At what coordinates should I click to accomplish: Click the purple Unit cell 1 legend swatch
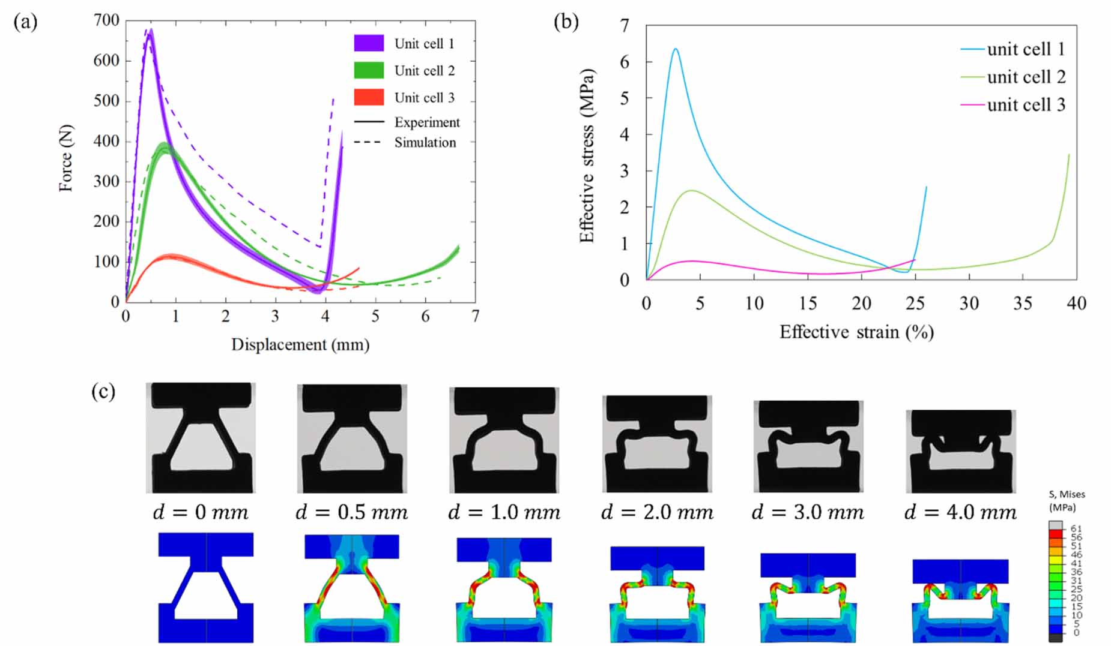(x=368, y=43)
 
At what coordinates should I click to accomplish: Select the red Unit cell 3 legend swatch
(x=368, y=97)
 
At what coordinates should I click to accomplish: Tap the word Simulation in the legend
(x=425, y=143)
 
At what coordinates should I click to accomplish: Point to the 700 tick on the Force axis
(x=106, y=20)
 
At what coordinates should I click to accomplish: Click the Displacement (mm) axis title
(x=300, y=345)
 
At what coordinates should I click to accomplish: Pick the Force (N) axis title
(x=65, y=158)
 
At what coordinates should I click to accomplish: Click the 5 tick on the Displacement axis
(x=375, y=316)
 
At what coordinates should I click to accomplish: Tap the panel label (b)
(x=566, y=22)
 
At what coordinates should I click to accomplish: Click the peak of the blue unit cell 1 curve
(x=676, y=49)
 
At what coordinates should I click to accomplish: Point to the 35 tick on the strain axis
(x=1022, y=304)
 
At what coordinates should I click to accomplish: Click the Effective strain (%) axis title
(x=856, y=332)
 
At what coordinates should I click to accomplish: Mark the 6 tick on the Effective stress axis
(x=625, y=62)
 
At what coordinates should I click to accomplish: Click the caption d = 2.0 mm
(x=657, y=512)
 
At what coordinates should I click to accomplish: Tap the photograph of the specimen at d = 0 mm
(x=201, y=438)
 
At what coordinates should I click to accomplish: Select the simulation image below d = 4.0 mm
(x=960, y=600)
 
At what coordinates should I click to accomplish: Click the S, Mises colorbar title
(x=1066, y=501)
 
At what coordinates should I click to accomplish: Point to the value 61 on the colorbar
(x=1076, y=528)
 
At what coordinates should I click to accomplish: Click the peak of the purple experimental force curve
(x=151, y=30)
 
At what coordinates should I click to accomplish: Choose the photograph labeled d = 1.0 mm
(x=504, y=440)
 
